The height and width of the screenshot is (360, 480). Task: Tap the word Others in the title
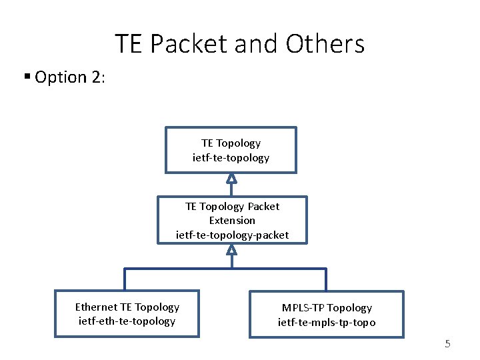[x=325, y=45]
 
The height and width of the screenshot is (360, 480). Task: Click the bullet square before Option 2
[x=27, y=76]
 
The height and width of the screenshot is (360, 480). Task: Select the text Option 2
[x=69, y=77]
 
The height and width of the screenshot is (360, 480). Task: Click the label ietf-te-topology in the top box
[x=231, y=158]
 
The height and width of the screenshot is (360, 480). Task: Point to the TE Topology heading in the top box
[x=231, y=143]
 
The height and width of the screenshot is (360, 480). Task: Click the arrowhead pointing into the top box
[x=231, y=178]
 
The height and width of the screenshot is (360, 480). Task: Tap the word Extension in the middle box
[x=232, y=220]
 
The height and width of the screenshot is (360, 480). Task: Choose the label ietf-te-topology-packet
[x=232, y=235]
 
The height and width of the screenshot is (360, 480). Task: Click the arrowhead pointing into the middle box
[x=231, y=249]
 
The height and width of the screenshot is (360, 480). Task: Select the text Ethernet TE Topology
[x=127, y=307]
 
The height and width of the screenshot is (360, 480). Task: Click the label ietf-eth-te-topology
[x=127, y=321]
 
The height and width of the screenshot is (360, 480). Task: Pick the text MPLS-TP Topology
[x=327, y=308]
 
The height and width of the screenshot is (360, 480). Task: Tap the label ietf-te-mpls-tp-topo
[x=327, y=323]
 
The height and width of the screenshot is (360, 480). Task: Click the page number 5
[x=447, y=344]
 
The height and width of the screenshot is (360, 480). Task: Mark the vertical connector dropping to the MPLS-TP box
[x=326, y=279]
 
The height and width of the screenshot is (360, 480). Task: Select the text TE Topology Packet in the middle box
[x=232, y=206]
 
